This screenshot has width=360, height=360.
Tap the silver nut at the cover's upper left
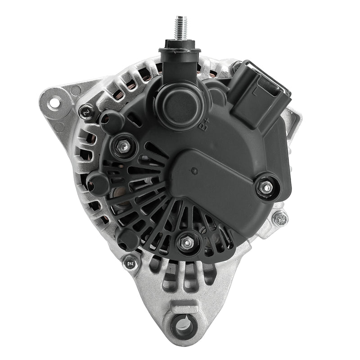tap(122, 145)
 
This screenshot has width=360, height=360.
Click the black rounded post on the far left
tap(97, 183)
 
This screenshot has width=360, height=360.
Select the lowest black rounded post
tap(128, 238)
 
